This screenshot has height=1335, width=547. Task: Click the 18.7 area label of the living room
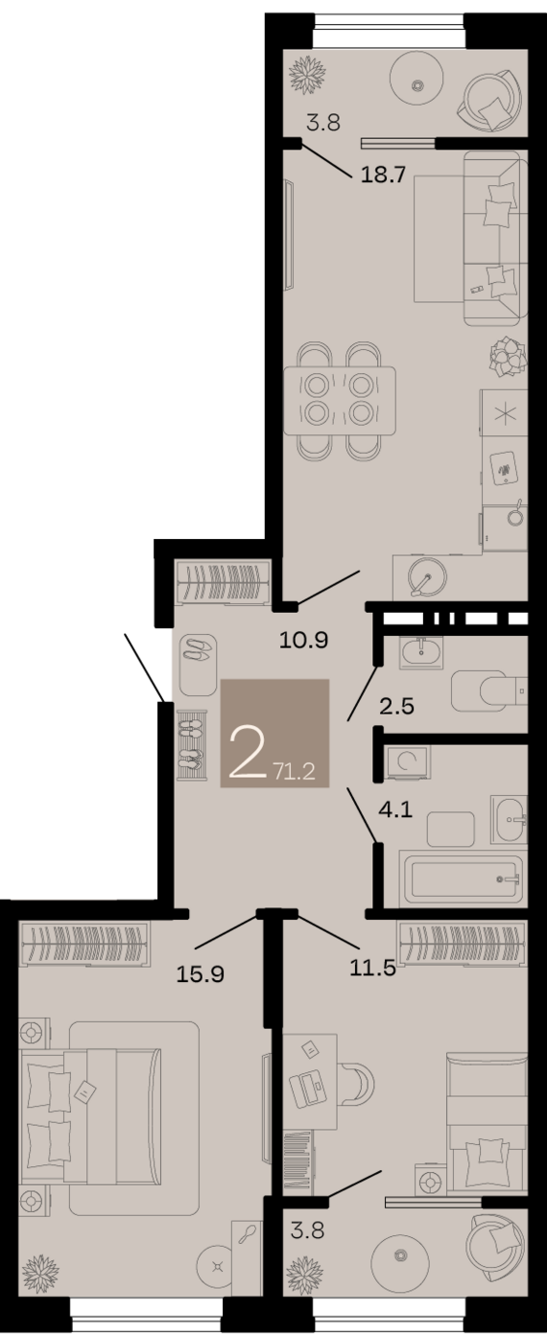click(x=379, y=176)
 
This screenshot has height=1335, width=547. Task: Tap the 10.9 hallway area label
click(x=303, y=640)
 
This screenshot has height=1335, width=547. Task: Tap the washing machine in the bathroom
click(x=407, y=763)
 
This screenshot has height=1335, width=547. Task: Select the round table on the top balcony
click(x=417, y=85)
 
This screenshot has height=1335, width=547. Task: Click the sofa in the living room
click(x=495, y=240)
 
